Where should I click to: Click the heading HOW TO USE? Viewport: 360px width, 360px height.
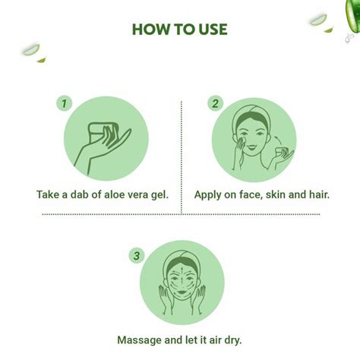(179, 30)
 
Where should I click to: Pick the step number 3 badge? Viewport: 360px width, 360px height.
(137, 255)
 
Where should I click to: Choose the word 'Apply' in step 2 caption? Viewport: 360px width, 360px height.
(210, 194)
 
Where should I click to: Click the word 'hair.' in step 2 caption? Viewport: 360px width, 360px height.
(317, 194)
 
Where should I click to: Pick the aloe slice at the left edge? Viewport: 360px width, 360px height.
(30, 51)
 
